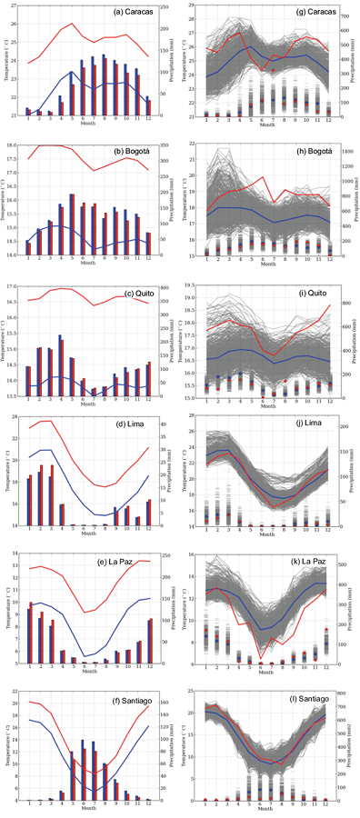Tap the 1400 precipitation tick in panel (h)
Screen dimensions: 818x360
click(x=351, y=145)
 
